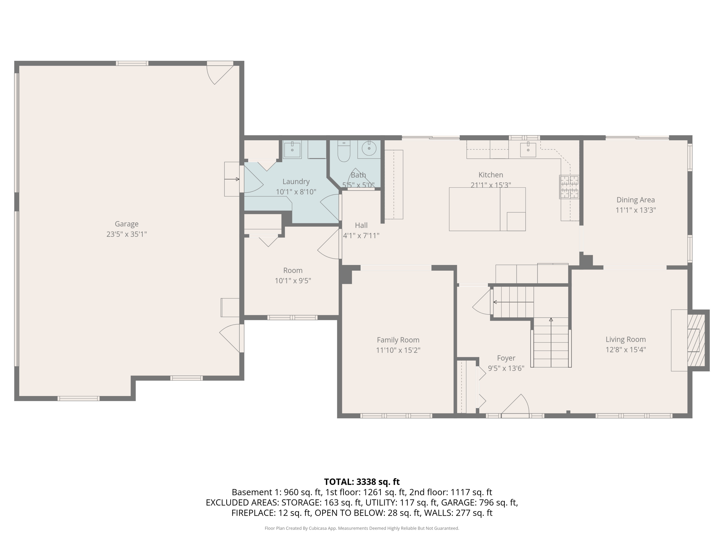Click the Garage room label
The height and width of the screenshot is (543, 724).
point(126,224)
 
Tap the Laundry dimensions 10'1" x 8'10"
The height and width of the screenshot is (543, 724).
point(296,192)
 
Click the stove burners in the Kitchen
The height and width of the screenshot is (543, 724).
point(569,187)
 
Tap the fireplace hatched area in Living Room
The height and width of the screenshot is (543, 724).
point(696,340)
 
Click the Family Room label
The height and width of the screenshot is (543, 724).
point(398,340)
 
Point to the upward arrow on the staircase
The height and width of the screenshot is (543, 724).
point(551,320)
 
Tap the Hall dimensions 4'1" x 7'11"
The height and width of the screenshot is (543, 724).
point(361,236)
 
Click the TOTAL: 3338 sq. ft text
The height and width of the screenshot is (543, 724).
point(362,482)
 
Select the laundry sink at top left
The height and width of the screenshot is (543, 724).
point(292,150)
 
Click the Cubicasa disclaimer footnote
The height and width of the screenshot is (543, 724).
point(362,528)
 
